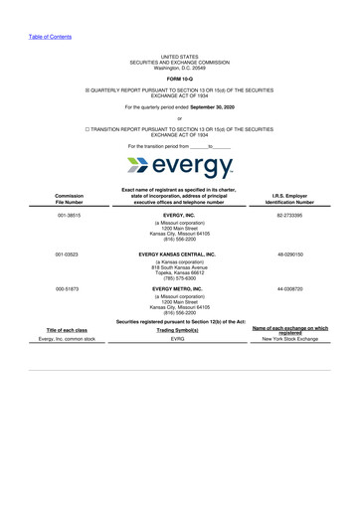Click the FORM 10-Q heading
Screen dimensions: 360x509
(x=179, y=77)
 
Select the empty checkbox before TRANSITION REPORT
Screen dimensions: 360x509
(x=88, y=129)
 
